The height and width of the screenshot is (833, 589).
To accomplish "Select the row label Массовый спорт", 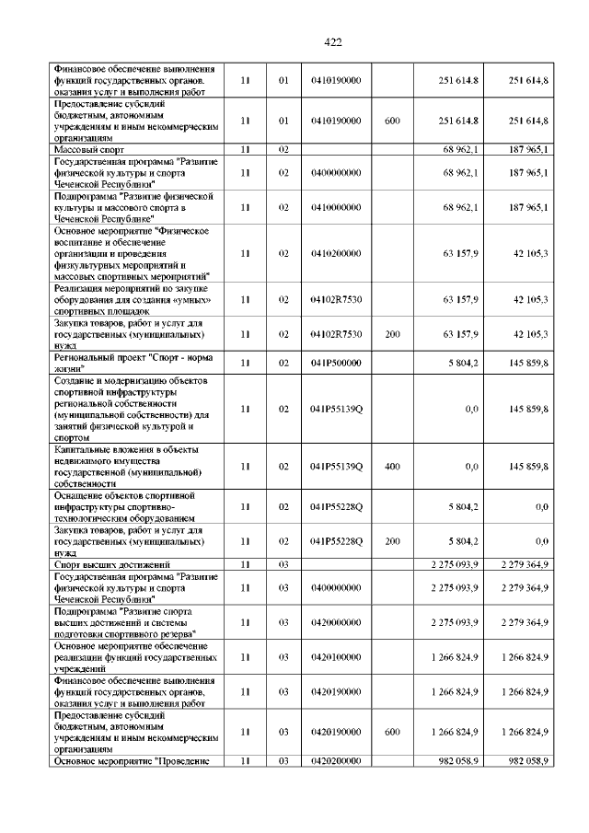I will [87, 148].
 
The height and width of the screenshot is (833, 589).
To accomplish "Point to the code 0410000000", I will [336, 208].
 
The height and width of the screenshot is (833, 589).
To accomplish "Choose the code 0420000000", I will [336, 623].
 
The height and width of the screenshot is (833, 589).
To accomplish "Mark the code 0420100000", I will [336, 657].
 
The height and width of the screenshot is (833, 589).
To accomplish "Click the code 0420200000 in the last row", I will [336, 761].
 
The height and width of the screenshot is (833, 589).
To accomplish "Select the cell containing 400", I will [392, 467].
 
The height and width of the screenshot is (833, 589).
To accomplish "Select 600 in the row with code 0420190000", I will [392, 732].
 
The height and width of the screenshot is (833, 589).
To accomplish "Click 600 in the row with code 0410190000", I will [392, 121].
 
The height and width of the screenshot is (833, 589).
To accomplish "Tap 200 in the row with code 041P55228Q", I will [392, 541].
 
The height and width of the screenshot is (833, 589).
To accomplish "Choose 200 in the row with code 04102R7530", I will [392, 334].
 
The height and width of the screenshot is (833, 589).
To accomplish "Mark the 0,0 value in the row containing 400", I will [471, 467].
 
